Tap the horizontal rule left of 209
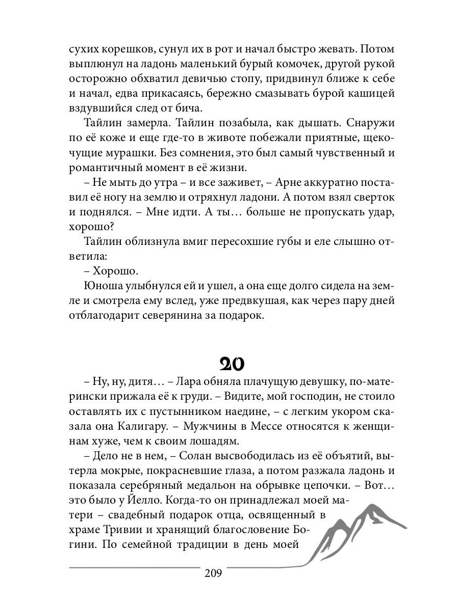134,567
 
